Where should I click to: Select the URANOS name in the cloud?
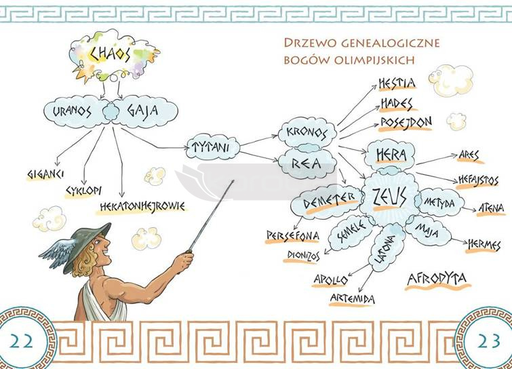71,111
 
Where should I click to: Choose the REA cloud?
307,162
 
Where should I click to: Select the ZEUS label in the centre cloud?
389,197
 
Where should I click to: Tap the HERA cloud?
390,155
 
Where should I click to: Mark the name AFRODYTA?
438,279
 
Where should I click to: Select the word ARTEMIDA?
353,298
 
